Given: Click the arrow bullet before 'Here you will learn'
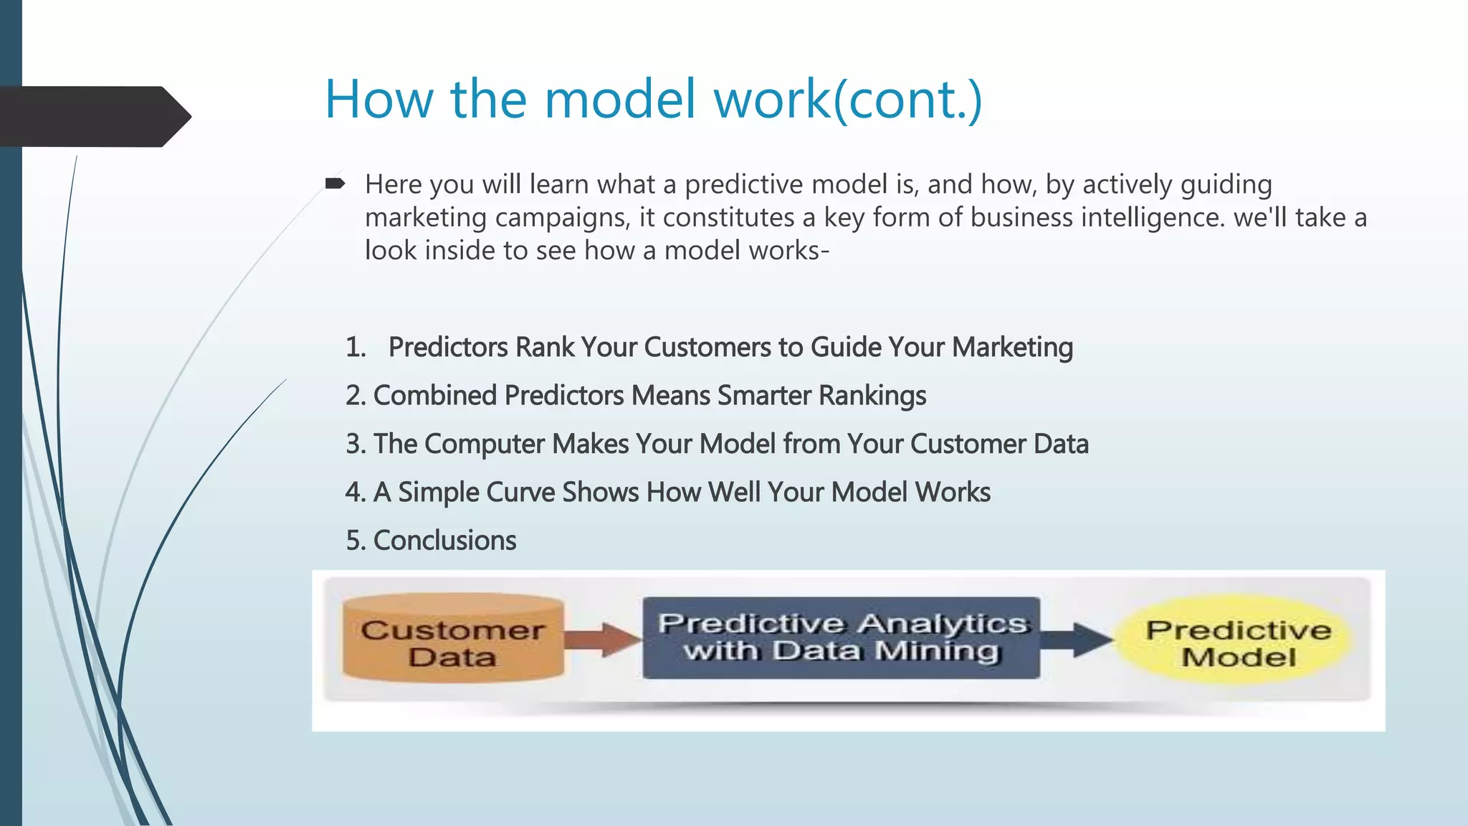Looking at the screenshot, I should (335, 184).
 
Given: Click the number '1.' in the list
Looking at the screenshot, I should (356, 347).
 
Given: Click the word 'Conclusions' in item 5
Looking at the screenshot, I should (444, 540).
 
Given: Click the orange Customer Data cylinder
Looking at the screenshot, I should (453, 638).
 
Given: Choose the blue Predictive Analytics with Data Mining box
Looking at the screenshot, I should (841, 637).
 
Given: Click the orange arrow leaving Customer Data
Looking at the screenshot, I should (602, 639).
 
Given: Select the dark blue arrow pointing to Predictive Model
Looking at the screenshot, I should (1075, 638).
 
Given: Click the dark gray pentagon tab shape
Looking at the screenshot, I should (93, 117).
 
